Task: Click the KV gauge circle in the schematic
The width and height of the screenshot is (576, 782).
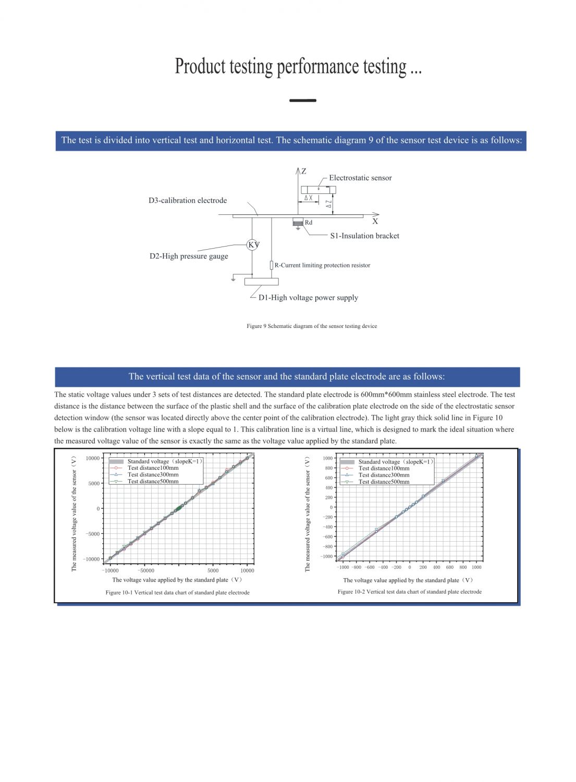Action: point(253,245)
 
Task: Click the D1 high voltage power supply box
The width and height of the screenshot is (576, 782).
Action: point(261,282)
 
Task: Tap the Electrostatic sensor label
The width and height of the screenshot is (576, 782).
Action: point(360,178)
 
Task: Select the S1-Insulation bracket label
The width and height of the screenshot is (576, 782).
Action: point(364,236)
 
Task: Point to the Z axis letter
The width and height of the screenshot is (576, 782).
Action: point(303,171)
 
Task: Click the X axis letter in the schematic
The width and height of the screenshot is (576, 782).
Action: point(375,221)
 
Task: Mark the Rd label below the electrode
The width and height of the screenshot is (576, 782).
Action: point(309,223)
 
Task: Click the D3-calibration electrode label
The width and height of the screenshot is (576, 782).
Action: point(188,200)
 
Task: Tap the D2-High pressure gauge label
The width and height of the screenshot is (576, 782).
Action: point(189,256)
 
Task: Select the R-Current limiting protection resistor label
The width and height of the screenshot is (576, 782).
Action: point(322,265)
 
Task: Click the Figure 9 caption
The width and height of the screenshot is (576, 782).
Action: point(312,326)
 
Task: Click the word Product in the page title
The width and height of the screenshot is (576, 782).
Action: point(200,67)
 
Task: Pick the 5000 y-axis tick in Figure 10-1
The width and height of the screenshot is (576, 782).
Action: point(94,483)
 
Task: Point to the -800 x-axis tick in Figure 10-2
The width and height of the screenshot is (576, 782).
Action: point(357,567)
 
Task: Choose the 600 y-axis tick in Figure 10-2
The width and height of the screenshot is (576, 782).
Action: point(328,478)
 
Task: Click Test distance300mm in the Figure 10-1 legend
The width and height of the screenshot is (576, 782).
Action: point(153,474)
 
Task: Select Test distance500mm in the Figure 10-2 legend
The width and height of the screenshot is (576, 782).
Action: point(384,482)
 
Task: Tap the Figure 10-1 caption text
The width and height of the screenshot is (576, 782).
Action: point(177,592)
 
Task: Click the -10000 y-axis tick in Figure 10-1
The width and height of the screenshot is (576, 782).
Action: point(92,559)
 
